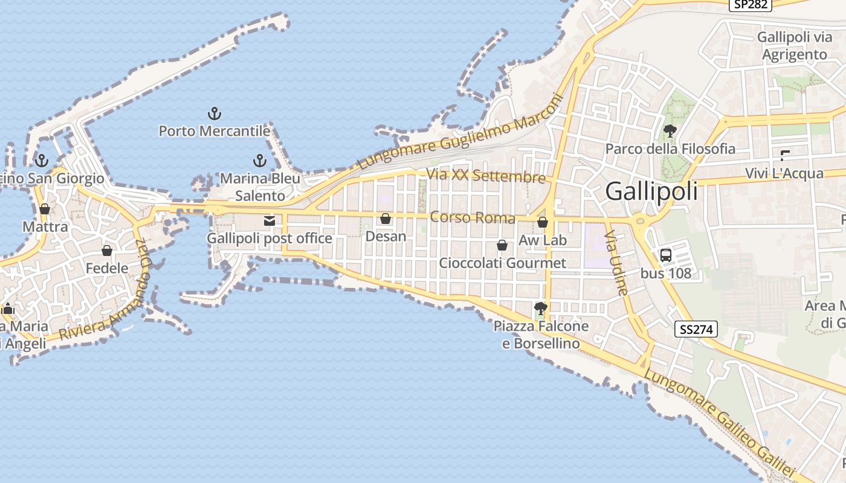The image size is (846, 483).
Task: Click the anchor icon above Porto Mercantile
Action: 214,113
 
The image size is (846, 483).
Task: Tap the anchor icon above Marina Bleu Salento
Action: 259,161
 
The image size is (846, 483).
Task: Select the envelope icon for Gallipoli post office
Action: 270,221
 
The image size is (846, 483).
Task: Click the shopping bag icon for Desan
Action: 386,219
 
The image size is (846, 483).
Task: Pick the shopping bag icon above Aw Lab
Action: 543,222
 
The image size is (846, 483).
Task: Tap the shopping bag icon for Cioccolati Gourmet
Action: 502,245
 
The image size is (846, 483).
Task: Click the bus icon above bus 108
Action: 666,255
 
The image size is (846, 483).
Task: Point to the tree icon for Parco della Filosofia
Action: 670,131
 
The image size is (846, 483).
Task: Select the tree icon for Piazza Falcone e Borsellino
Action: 541,309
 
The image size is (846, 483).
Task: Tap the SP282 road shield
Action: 751,5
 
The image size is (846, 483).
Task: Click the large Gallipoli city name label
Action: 651,191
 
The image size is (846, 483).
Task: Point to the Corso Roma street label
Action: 473,217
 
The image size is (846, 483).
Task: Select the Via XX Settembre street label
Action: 486,176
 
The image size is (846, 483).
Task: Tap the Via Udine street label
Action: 617,262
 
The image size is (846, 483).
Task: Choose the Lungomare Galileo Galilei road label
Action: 719,422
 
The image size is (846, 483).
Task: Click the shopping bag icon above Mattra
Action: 45,209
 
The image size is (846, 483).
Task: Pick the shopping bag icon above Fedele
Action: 107,251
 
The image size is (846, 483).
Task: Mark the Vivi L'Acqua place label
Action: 784,173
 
